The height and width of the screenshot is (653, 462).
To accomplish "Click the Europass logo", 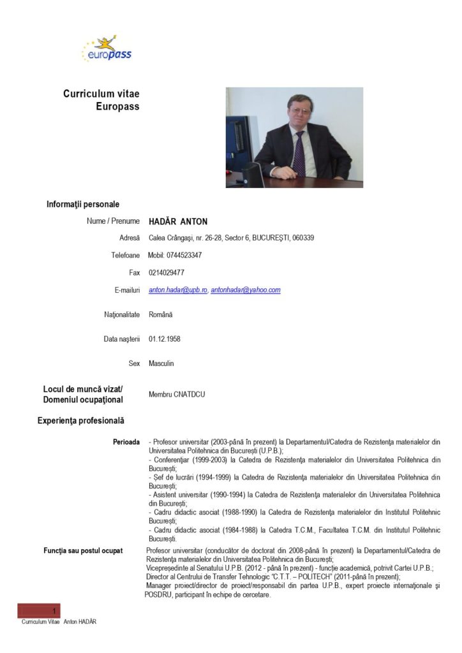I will click(x=107, y=49).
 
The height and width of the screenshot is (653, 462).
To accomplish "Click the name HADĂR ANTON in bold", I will click(x=178, y=221).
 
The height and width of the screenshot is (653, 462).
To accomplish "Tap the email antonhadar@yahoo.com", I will click(x=246, y=290).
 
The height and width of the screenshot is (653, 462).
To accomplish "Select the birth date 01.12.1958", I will click(x=165, y=339).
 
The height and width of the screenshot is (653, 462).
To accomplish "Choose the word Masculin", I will click(x=161, y=363).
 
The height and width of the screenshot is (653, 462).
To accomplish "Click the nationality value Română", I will click(x=160, y=314).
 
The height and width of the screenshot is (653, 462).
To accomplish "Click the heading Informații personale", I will click(x=83, y=204).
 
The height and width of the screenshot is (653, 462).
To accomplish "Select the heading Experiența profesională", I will click(x=81, y=421).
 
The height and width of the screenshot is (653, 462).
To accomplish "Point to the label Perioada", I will click(x=126, y=442).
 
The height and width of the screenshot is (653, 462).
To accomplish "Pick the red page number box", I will click(x=39, y=611).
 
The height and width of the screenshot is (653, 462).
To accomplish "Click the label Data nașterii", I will click(x=122, y=339).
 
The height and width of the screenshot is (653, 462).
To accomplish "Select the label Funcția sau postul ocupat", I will click(x=83, y=550).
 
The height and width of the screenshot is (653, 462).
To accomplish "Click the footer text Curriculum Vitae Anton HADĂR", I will click(x=59, y=622).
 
